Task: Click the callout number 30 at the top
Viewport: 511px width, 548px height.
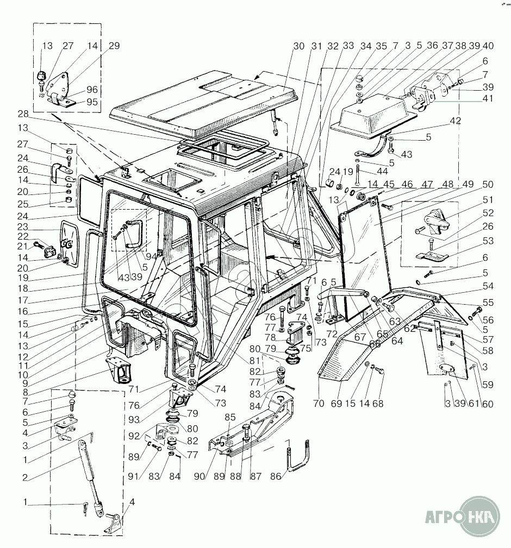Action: [x=298, y=47]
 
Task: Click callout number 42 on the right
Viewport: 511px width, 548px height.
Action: [x=455, y=121]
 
